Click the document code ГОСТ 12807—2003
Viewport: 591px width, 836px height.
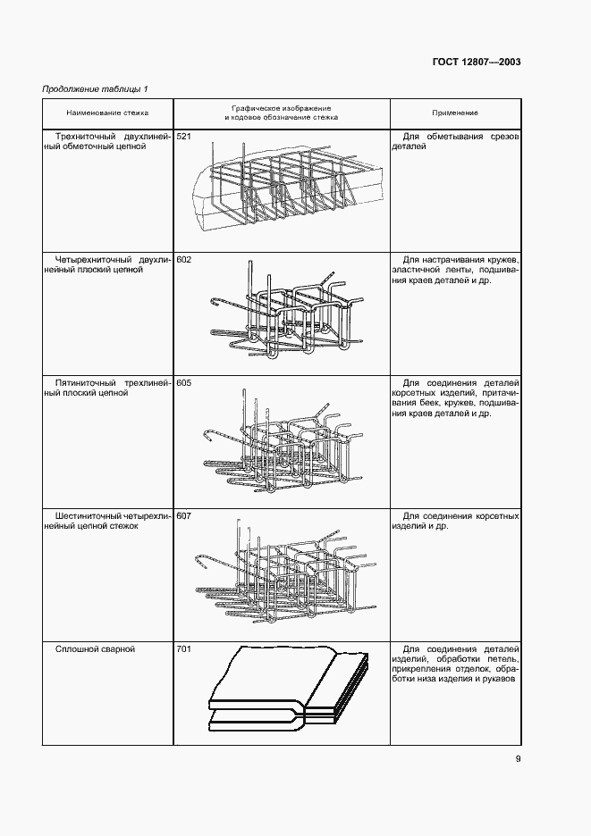tap(477, 63)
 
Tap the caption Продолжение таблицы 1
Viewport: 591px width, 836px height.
tap(95, 89)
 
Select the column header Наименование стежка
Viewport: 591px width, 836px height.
tap(107, 113)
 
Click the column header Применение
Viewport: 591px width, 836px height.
tap(455, 113)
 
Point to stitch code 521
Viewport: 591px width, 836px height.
tap(184, 136)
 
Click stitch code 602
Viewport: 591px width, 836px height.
tap(184, 259)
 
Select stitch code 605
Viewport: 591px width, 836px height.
tap(184, 383)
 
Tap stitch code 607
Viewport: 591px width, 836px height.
tap(184, 516)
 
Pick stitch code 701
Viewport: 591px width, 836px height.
tap(184, 648)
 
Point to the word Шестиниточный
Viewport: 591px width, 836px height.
tap(88, 515)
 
